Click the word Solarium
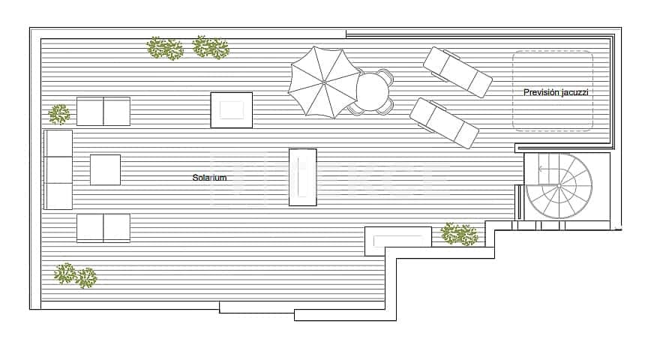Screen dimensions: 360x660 point(209,178)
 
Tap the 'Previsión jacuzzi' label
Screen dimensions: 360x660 point(556,92)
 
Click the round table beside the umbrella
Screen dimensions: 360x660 point(373,91)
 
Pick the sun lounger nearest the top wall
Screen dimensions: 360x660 point(457,72)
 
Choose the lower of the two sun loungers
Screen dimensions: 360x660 point(444,122)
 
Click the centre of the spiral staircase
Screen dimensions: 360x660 point(559,186)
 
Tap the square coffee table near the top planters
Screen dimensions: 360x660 point(231,109)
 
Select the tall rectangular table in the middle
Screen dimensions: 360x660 point(302,177)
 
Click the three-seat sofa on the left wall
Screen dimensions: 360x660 point(58,169)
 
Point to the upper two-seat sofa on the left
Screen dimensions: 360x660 point(103,111)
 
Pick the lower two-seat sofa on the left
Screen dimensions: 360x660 point(103,228)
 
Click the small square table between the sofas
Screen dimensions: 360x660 point(105,169)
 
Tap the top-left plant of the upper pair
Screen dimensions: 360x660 point(164,49)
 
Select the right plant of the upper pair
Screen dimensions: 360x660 point(211,48)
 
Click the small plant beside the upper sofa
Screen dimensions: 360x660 point(59,114)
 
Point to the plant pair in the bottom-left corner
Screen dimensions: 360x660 point(76,275)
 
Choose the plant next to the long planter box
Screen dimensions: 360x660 point(459,234)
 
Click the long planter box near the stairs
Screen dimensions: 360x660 point(398,240)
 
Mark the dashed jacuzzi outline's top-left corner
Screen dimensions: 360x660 point(514,52)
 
